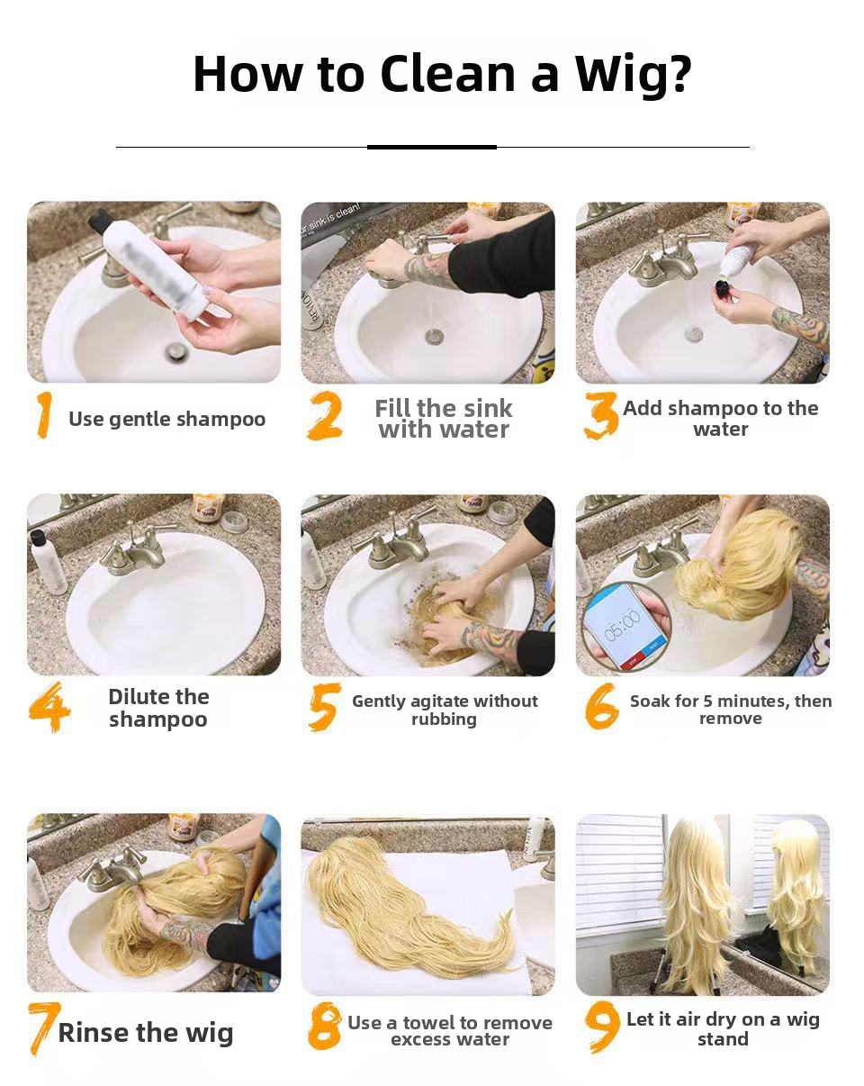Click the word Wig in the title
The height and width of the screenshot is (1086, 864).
tap(633, 75)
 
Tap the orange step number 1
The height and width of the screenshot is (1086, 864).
tap(44, 415)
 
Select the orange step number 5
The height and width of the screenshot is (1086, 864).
tap(324, 707)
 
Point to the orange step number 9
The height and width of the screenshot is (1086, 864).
tap(602, 1027)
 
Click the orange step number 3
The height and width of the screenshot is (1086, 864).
tap(600, 415)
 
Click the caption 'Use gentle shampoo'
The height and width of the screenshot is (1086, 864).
tap(166, 419)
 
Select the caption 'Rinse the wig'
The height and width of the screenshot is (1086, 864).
tap(146, 1033)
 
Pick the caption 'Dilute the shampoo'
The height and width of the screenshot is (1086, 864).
tap(158, 708)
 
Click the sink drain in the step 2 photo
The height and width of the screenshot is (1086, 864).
tap(434, 336)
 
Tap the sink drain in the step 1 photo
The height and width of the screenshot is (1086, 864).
tap(175, 351)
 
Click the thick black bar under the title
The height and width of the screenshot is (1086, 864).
tap(432, 147)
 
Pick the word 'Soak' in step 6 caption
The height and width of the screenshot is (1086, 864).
tap(650, 701)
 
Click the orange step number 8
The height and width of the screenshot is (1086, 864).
tap(324, 1027)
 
